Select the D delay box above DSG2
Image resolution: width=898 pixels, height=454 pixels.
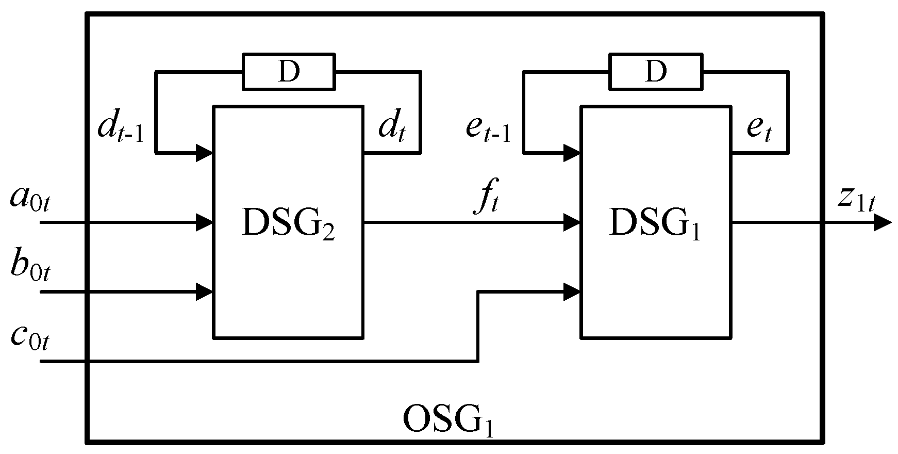(x=289, y=72)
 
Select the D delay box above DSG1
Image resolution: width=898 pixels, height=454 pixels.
(x=656, y=72)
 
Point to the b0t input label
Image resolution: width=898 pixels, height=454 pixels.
(x=30, y=267)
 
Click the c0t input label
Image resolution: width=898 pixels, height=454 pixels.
(x=30, y=338)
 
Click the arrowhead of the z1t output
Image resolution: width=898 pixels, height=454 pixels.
(x=883, y=223)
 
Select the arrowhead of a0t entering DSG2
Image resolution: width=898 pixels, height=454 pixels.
(x=205, y=223)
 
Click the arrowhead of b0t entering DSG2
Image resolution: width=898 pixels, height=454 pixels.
(x=205, y=292)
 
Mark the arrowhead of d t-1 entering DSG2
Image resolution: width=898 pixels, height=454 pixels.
(x=205, y=153)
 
